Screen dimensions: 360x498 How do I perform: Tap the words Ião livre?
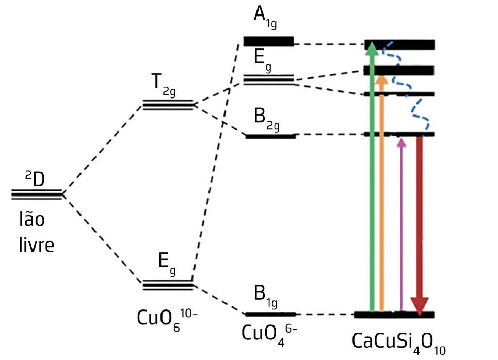[35, 233]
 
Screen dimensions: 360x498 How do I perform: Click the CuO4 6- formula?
[269, 334]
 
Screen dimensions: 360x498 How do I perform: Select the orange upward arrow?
[381, 196]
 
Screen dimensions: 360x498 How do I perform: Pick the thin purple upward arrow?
[401, 227]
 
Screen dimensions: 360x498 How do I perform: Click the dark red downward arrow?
[420, 222]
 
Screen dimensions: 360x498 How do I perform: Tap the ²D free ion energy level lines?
[37, 194]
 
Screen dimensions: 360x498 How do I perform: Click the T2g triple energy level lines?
[167, 105]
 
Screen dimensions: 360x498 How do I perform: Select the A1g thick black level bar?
[268, 41]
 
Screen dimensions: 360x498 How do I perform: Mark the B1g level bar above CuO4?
[270, 314]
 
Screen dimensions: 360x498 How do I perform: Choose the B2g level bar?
[270, 136]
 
